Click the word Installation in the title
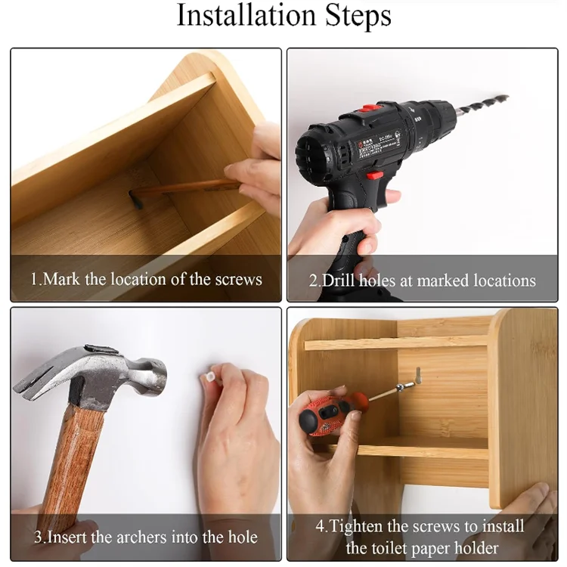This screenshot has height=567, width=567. click(x=240, y=16)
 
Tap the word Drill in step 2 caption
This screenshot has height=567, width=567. click(x=340, y=280)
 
